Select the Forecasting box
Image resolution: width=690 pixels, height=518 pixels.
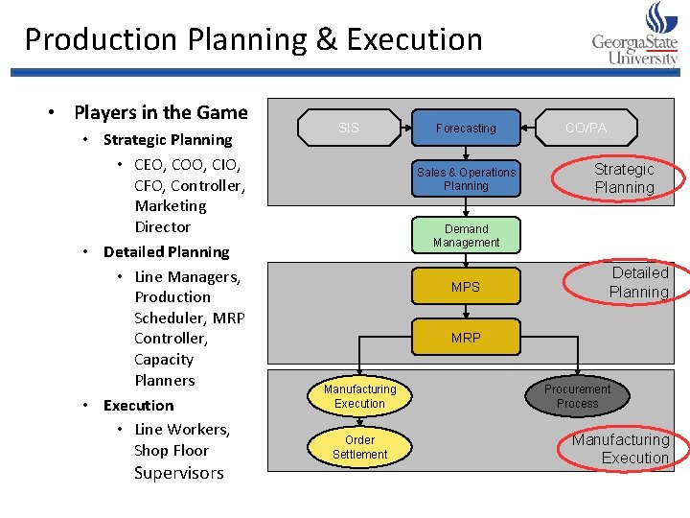point(466,128)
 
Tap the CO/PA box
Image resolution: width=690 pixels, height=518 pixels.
point(586,128)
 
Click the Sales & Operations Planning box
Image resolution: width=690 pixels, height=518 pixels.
point(466,178)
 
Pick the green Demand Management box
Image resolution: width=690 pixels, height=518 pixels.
point(466,236)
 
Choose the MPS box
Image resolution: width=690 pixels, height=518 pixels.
point(466,287)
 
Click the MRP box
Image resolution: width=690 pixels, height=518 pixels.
point(466,338)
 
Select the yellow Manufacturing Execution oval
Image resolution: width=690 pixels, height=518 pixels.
point(359,396)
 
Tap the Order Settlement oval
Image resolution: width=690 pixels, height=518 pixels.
point(359,447)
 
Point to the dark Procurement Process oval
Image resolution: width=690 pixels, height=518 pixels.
point(577,396)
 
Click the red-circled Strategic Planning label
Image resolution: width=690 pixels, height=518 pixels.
point(624,178)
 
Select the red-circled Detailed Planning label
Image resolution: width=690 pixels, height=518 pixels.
point(638,282)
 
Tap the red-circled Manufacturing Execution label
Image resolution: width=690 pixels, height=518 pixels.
point(620,449)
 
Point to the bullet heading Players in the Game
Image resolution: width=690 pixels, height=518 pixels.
point(160,112)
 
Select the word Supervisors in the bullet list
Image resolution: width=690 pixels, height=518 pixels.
point(178,473)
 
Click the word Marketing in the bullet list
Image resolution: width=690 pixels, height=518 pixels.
point(171,205)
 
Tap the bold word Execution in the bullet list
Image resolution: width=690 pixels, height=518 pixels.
point(138,405)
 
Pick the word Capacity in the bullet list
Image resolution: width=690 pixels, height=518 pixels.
point(164,359)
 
